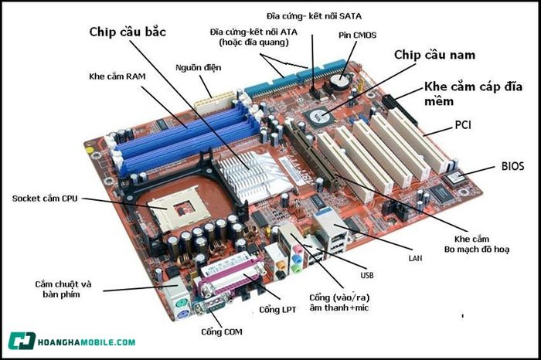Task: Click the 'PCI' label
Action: tap(464, 124)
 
